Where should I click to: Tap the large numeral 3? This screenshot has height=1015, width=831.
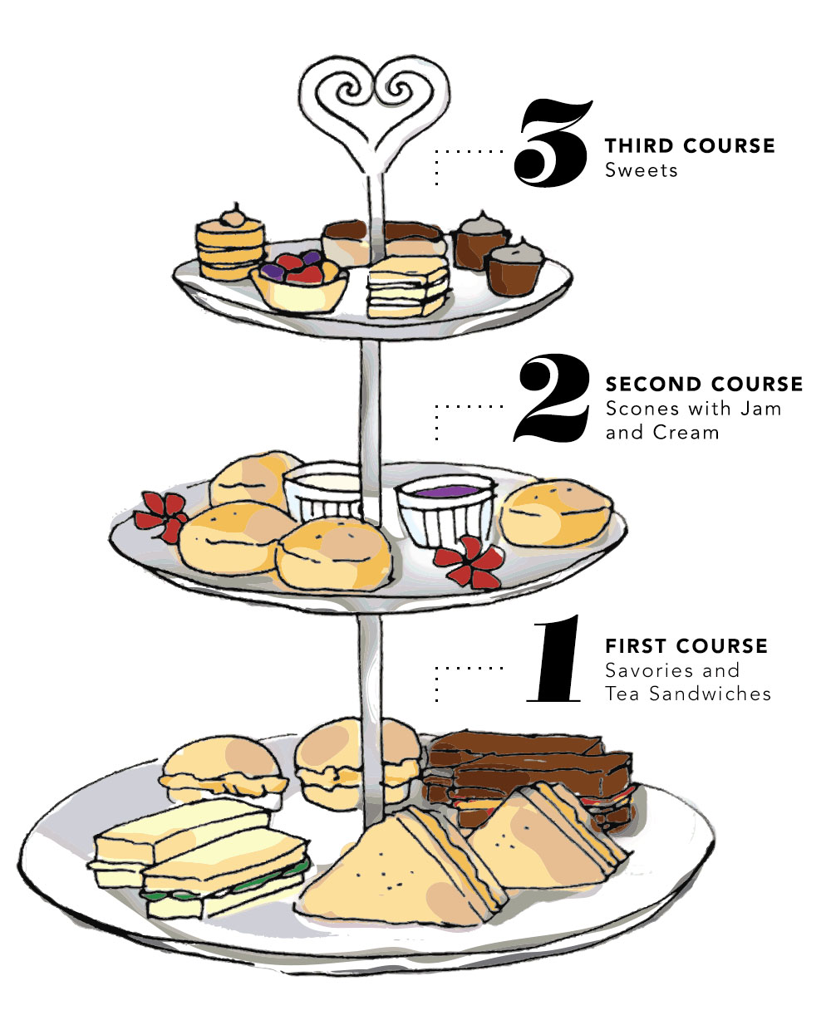click(x=552, y=143)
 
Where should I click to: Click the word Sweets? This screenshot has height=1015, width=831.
click(x=642, y=170)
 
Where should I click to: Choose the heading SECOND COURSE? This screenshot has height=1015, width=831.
click(x=704, y=385)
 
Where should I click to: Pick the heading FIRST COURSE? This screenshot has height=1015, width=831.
click(x=686, y=646)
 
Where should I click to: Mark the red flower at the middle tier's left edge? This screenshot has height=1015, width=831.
click(x=160, y=515)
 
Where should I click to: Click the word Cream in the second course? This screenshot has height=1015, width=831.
click(x=687, y=432)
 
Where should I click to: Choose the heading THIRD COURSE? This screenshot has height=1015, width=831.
click(x=690, y=146)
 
